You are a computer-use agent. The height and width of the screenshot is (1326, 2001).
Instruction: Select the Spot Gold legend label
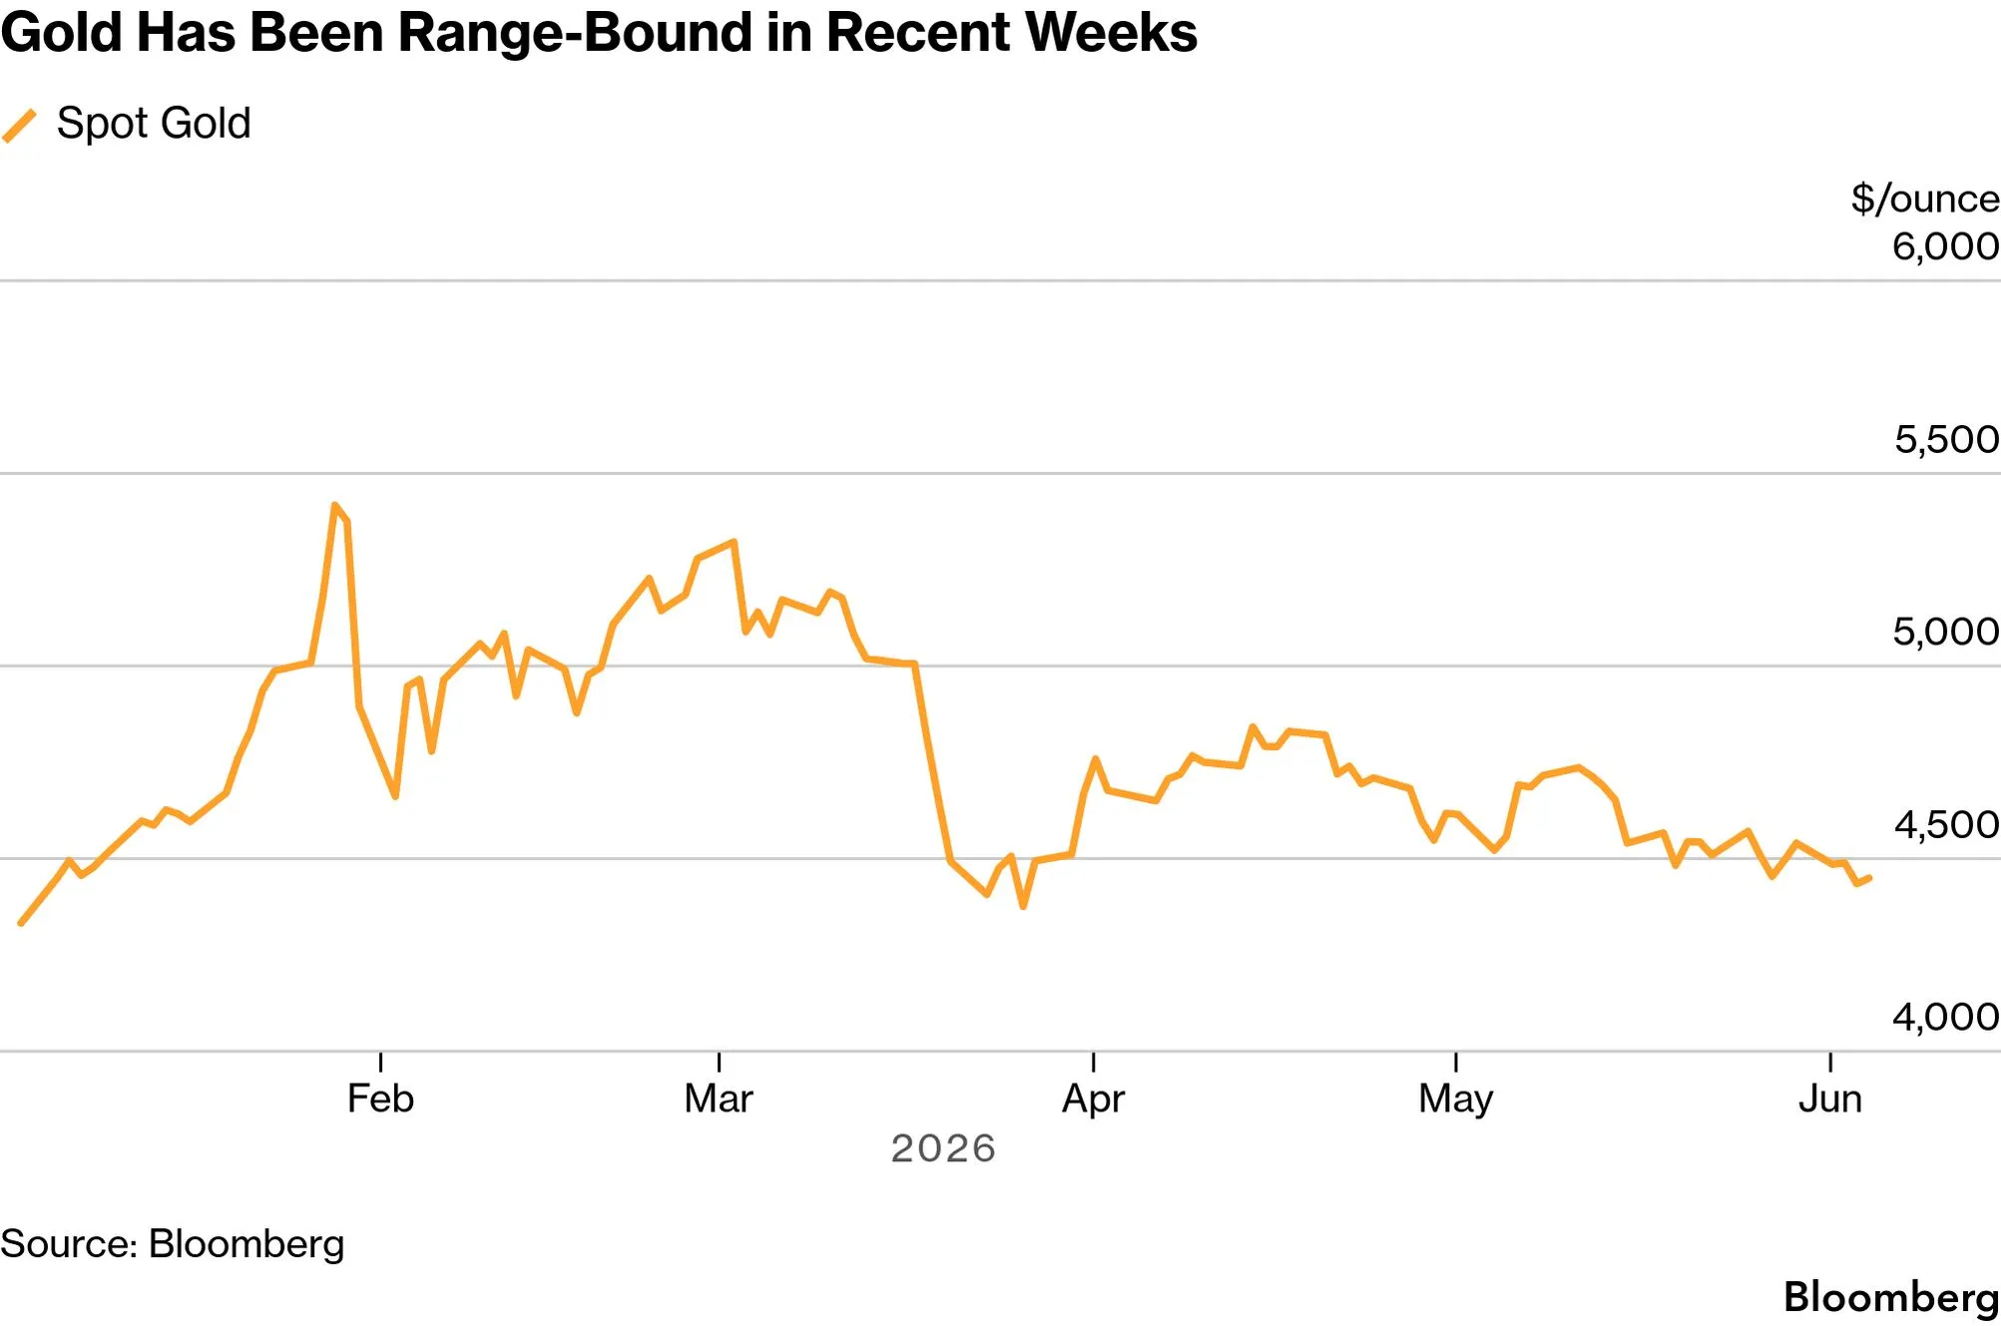(154, 124)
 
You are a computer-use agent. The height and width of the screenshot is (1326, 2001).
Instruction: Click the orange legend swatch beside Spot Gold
(19, 126)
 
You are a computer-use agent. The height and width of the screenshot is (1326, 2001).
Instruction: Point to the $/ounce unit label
(1925, 199)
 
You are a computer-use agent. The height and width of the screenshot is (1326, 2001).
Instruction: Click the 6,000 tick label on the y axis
(1946, 246)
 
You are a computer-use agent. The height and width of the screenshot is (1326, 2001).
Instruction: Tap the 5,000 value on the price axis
(1946, 632)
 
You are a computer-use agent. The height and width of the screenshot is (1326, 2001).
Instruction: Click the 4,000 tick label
(1946, 1017)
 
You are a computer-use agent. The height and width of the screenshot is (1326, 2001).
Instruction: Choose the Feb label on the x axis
(380, 1100)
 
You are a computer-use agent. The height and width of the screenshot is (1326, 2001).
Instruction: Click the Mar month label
(719, 1100)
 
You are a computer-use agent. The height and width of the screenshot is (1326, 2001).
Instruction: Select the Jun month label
(1830, 1100)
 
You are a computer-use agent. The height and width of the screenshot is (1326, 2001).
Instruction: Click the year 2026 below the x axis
(943, 1149)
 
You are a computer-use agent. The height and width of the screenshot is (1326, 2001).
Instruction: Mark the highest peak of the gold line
(334, 505)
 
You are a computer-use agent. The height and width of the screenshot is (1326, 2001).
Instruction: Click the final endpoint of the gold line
(1869, 878)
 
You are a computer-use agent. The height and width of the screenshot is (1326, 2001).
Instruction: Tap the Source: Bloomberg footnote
(173, 1245)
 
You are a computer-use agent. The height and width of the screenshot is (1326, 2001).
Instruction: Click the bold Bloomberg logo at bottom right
(1891, 1298)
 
